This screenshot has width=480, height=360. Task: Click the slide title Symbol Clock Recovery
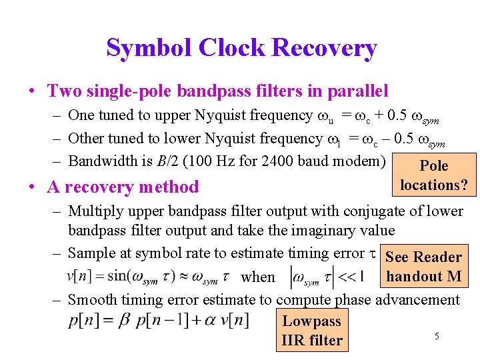pos(241,48)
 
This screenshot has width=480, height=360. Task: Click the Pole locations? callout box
pos(434,175)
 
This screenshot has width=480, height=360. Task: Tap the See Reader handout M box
pos(423,266)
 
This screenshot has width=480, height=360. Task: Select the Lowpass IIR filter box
pos(312,330)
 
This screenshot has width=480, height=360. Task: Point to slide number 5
pos(437,336)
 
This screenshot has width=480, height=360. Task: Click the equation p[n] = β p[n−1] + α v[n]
pos(158,320)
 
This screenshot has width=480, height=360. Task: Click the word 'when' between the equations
pos(257,277)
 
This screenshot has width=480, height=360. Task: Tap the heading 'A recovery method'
pos(123,187)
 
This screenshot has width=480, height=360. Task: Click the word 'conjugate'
pos(373,211)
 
